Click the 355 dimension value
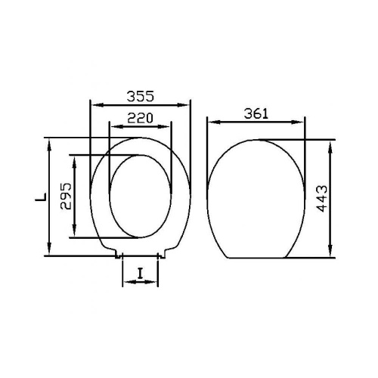[140, 96]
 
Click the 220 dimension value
[140, 118]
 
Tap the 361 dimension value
[256, 114]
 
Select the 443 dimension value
[322, 199]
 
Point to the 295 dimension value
[66, 197]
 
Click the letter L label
[41, 197]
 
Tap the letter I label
[140, 274]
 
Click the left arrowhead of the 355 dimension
[97, 105]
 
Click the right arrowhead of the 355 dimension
[183, 105]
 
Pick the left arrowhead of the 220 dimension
[116, 126]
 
